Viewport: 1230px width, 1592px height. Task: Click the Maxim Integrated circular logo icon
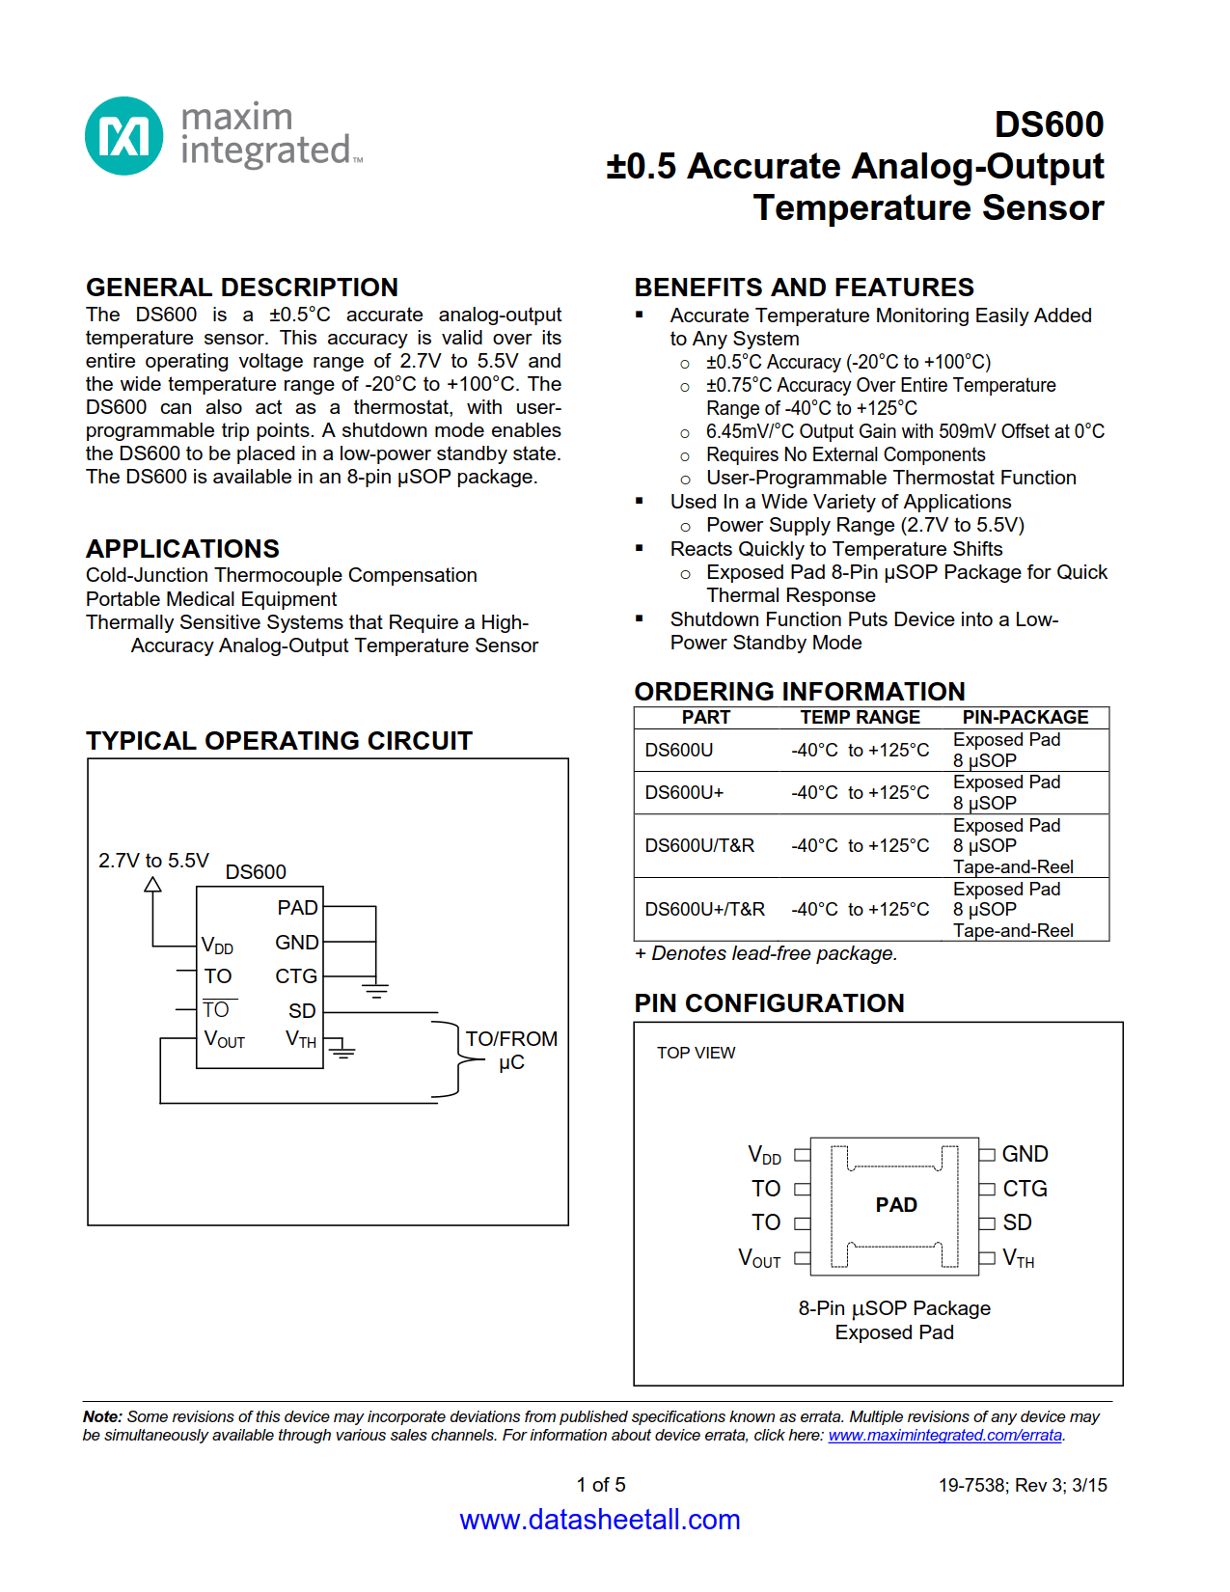click(123, 136)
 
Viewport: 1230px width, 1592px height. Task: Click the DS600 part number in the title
click(1049, 124)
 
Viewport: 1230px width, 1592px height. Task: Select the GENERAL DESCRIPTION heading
click(241, 288)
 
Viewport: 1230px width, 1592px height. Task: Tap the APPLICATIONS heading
click(182, 549)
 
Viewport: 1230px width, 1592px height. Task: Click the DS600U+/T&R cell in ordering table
click(704, 909)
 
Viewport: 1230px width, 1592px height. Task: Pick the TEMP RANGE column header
click(860, 717)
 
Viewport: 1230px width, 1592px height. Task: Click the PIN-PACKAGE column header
click(1025, 717)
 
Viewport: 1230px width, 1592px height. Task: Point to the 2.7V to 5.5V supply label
click(153, 860)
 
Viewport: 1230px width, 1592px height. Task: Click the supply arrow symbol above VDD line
click(152, 885)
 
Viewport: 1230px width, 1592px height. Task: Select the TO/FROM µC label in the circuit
click(511, 1050)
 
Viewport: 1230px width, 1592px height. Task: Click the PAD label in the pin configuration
click(896, 1204)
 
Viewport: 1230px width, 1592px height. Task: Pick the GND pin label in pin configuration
click(1025, 1154)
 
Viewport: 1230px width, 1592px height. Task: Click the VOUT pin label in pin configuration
click(759, 1258)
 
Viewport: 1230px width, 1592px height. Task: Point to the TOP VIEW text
click(696, 1053)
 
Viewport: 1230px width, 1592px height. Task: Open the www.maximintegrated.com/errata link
click(944, 1435)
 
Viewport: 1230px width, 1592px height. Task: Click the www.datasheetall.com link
click(599, 1520)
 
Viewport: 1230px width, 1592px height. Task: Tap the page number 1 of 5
click(600, 1484)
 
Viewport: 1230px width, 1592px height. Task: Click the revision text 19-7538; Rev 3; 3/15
click(1022, 1485)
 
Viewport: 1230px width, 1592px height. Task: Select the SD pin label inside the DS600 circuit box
click(302, 1010)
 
